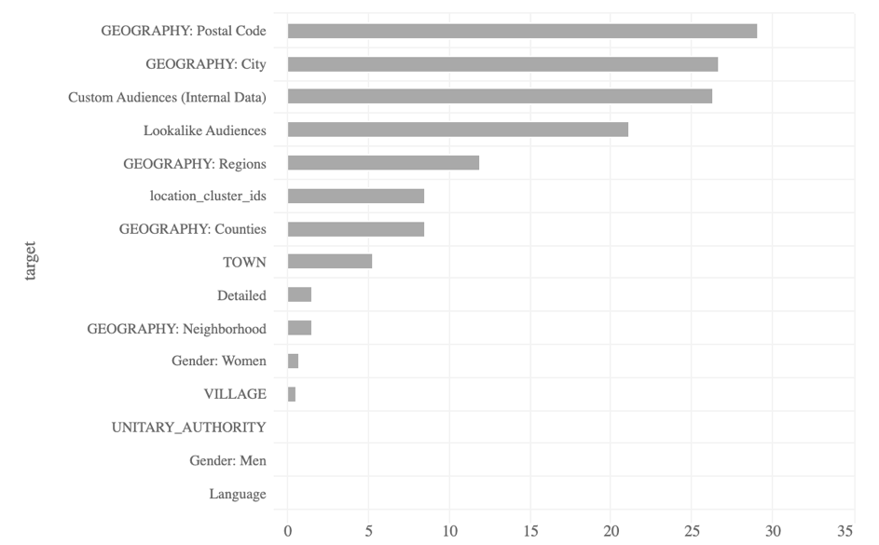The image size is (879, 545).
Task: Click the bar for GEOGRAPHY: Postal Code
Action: [x=522, y=31]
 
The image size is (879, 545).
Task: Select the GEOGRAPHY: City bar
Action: [x=502, y=64]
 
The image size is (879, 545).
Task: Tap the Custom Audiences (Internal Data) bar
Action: [x=500, y=97]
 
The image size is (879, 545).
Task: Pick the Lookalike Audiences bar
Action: [x=458, y=129]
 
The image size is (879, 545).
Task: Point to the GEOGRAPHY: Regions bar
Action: [x=383, y=163]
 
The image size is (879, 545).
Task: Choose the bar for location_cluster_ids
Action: [x=356, y=196]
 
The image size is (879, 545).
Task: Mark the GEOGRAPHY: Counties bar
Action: [x=356, y=229]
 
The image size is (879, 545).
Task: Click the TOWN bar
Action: [x=330, y=262]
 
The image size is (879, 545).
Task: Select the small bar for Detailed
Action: [x=299, y=295]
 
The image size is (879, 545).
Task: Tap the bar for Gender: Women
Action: [x=293, y=361]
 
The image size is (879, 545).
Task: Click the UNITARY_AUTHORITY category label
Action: [x=188, y=428]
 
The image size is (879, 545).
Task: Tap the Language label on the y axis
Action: [x=238, y=494]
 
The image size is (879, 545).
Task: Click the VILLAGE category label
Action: [x=235, y=394]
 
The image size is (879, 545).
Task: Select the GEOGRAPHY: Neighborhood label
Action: [x=176, y=328]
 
